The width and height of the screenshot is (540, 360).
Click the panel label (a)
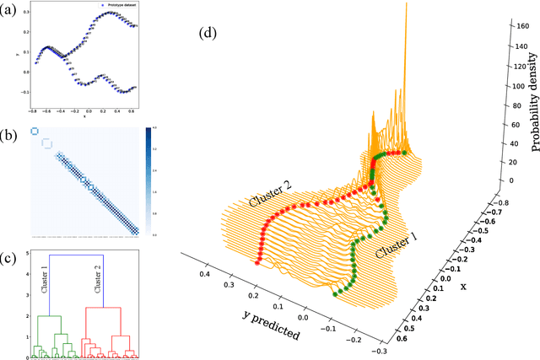[x=13, y=13]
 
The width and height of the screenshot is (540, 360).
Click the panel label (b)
[x=13, y=135]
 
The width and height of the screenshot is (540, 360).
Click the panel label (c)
[x=13, y=256]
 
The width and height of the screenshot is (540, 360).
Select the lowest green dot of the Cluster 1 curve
[x=336, y=293]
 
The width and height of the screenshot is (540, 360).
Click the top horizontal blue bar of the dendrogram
[x=77, y=254]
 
